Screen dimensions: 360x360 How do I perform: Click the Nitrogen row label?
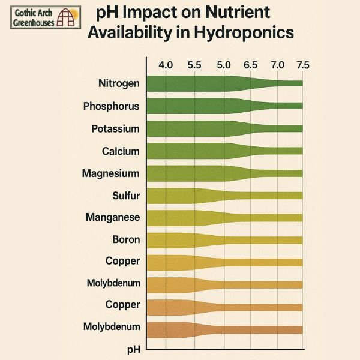pos(119,83)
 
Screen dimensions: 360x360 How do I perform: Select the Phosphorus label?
pos(112,106)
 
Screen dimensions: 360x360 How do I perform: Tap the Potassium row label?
pos(115,129)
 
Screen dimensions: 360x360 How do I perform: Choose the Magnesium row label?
pos(111,173)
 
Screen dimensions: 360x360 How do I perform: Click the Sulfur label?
pos(125,196)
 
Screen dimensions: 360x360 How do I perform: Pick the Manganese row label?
pos(113,217)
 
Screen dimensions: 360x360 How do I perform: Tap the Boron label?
pos(126,239)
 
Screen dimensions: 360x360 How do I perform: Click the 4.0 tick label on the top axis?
pos(165,65)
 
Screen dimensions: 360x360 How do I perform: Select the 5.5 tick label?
pos(194,65)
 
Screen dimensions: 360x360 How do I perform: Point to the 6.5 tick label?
pos(250,65)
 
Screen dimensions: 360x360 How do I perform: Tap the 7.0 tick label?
pos(277,65)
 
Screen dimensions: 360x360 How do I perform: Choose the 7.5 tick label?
pos(302,65)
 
